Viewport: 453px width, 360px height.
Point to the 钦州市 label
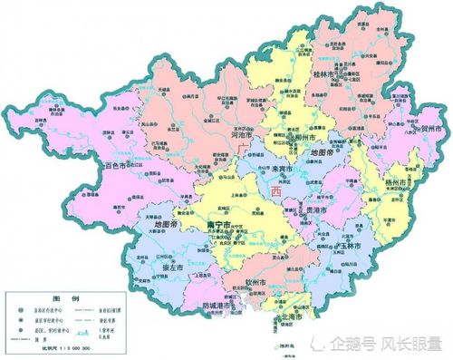256,283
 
